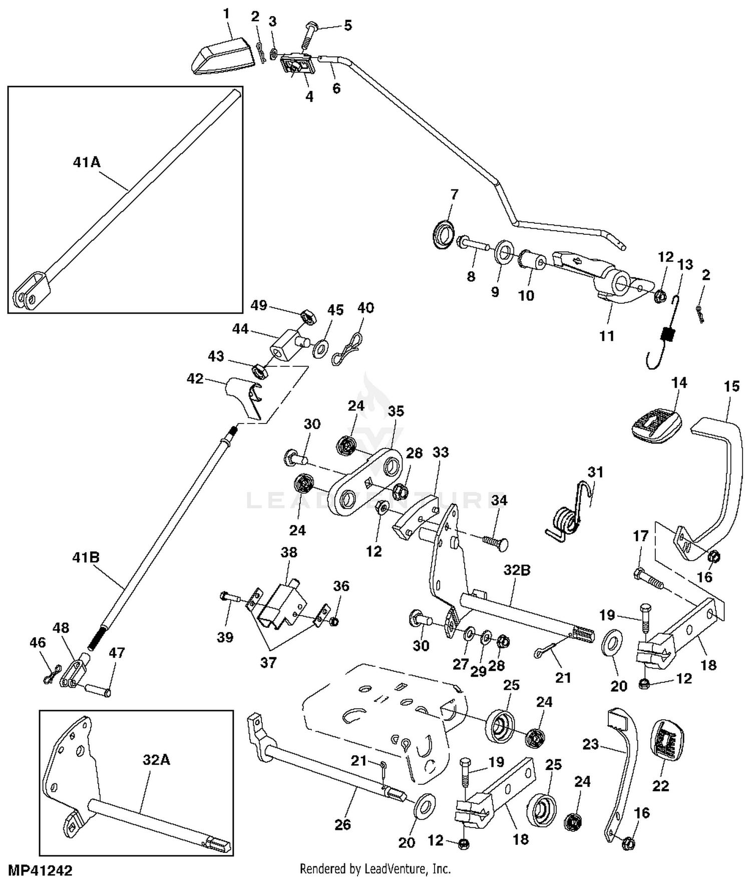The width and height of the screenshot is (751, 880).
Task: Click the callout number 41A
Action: (87, 162)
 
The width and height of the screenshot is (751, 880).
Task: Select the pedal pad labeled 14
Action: (655, 426)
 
